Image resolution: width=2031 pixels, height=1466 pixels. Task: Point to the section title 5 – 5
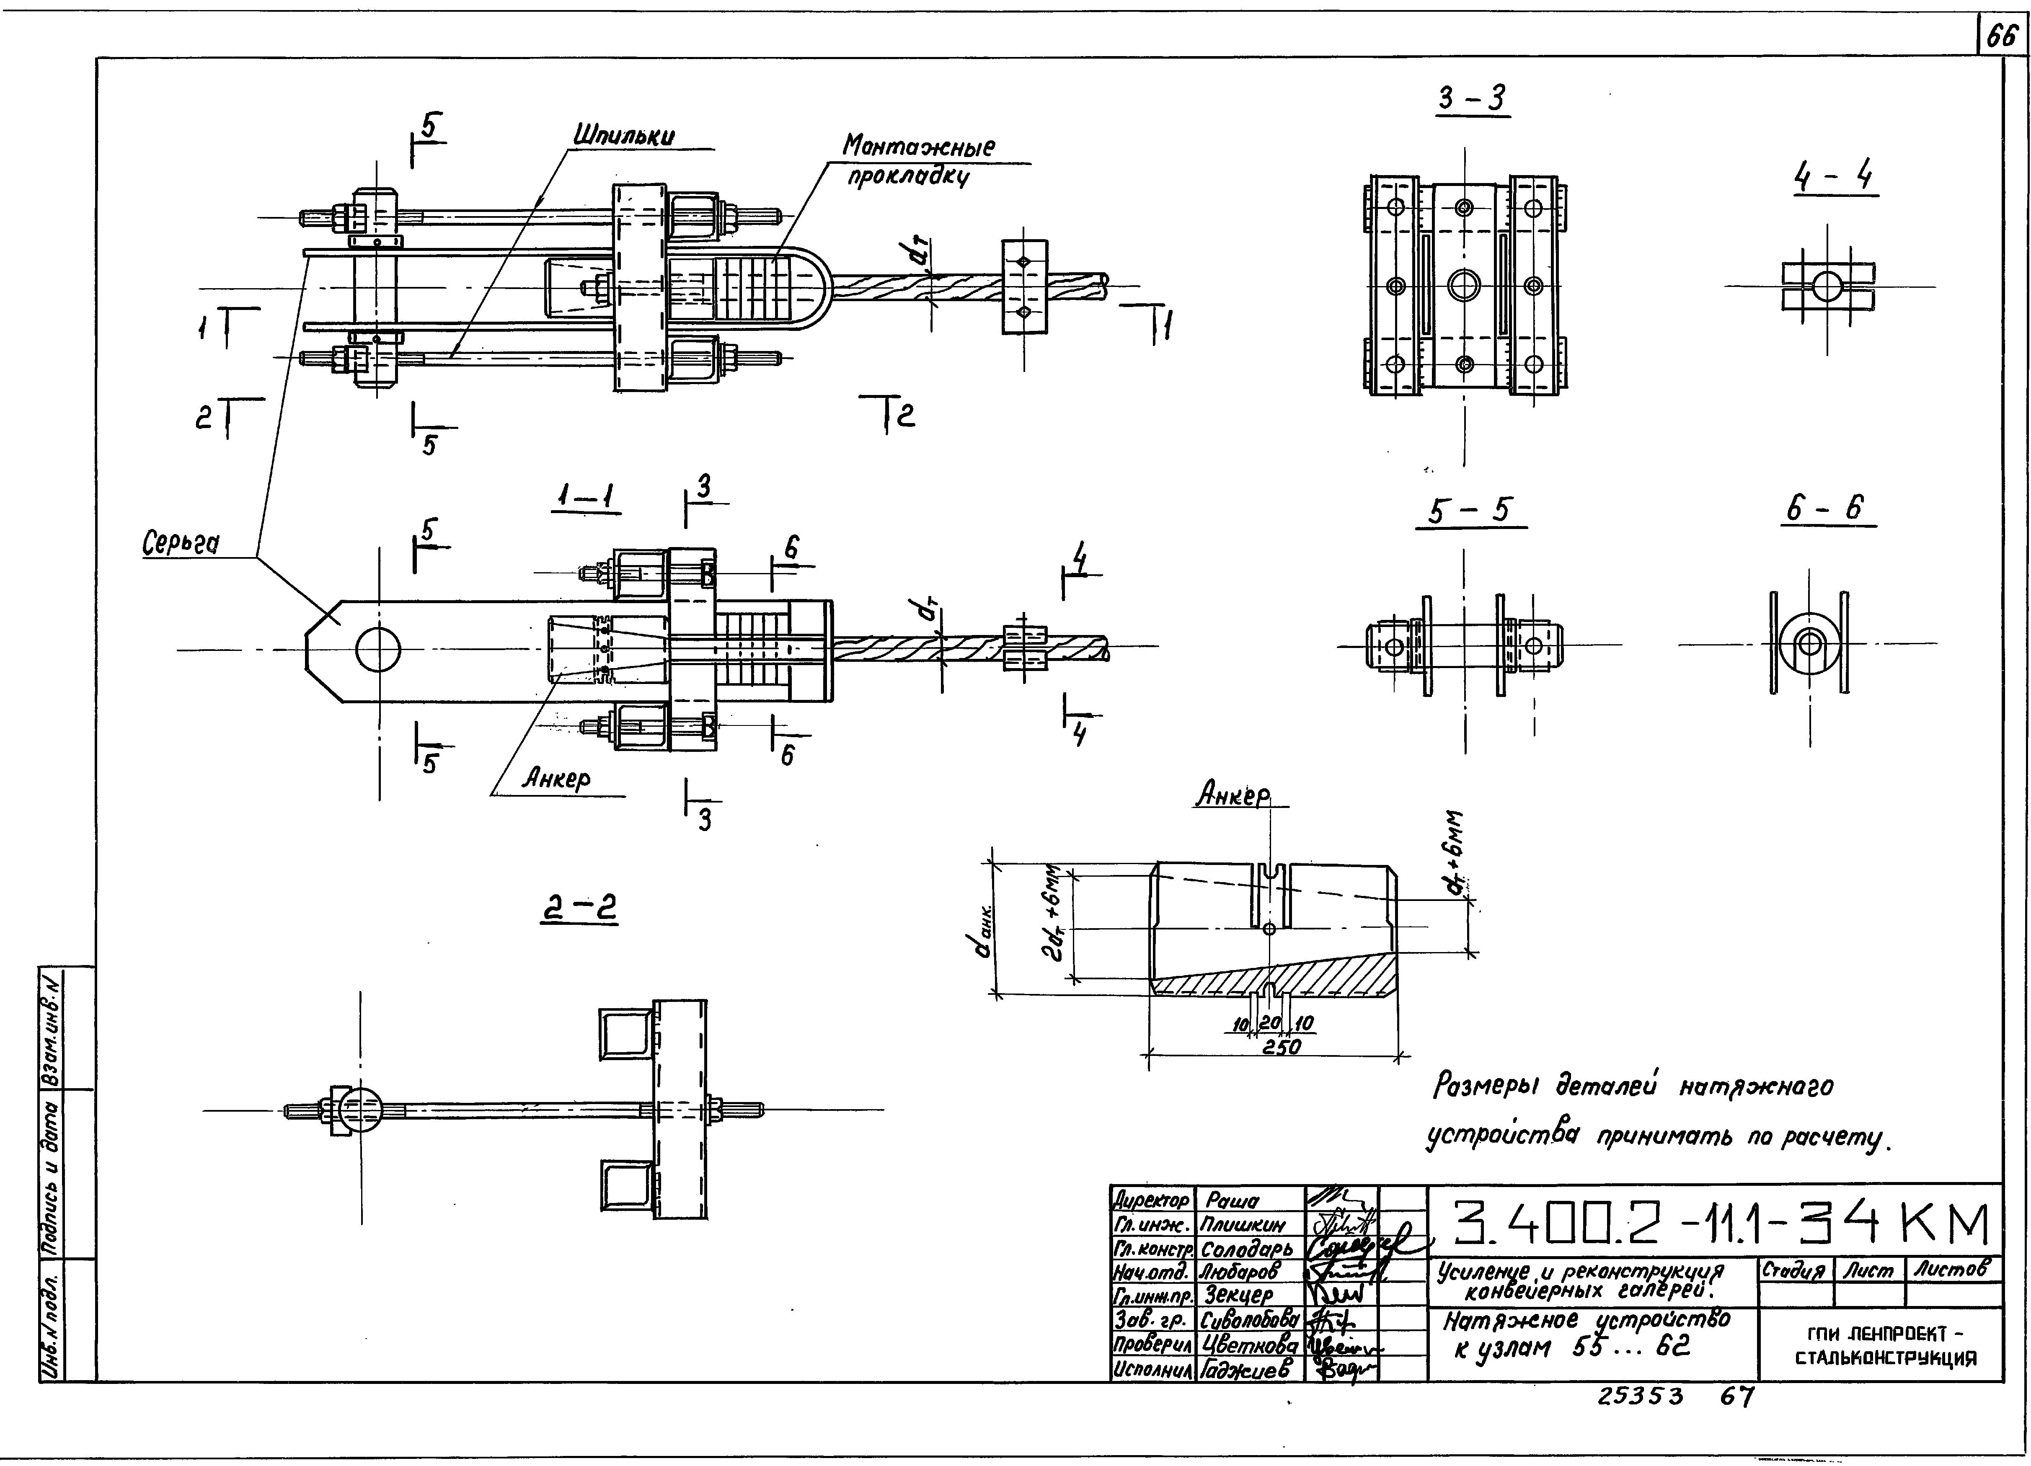(x=1470, y=511)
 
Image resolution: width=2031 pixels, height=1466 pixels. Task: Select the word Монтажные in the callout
(x=918, y=146)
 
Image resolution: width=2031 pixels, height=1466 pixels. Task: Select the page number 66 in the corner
(x=2003, y=36)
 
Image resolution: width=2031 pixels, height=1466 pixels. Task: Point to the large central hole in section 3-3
(x=1464, y=286)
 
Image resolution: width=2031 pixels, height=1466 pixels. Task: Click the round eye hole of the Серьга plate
(x=378, y=649)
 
